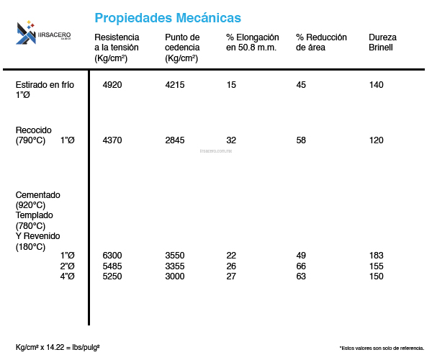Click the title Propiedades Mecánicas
click(168, 17)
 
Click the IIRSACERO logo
click(43, 32)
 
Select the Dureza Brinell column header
click(382, 42)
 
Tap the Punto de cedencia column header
click(183, 48)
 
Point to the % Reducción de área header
click(321, 42)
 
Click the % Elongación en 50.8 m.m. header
click(252, 42)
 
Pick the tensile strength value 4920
click(112, 85)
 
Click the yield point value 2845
click(175, 140)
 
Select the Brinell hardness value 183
click(376, 256)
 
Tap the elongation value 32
click(231, 140)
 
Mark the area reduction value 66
click(301, 266)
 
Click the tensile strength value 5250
click(112, 276)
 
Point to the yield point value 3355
click(175, 266)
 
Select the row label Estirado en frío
click(45, 85)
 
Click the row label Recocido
click(33, 130)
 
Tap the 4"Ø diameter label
click(68, 276)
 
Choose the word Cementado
click(37, 195)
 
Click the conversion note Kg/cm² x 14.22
click(58, 347)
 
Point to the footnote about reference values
click(381, 347)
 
